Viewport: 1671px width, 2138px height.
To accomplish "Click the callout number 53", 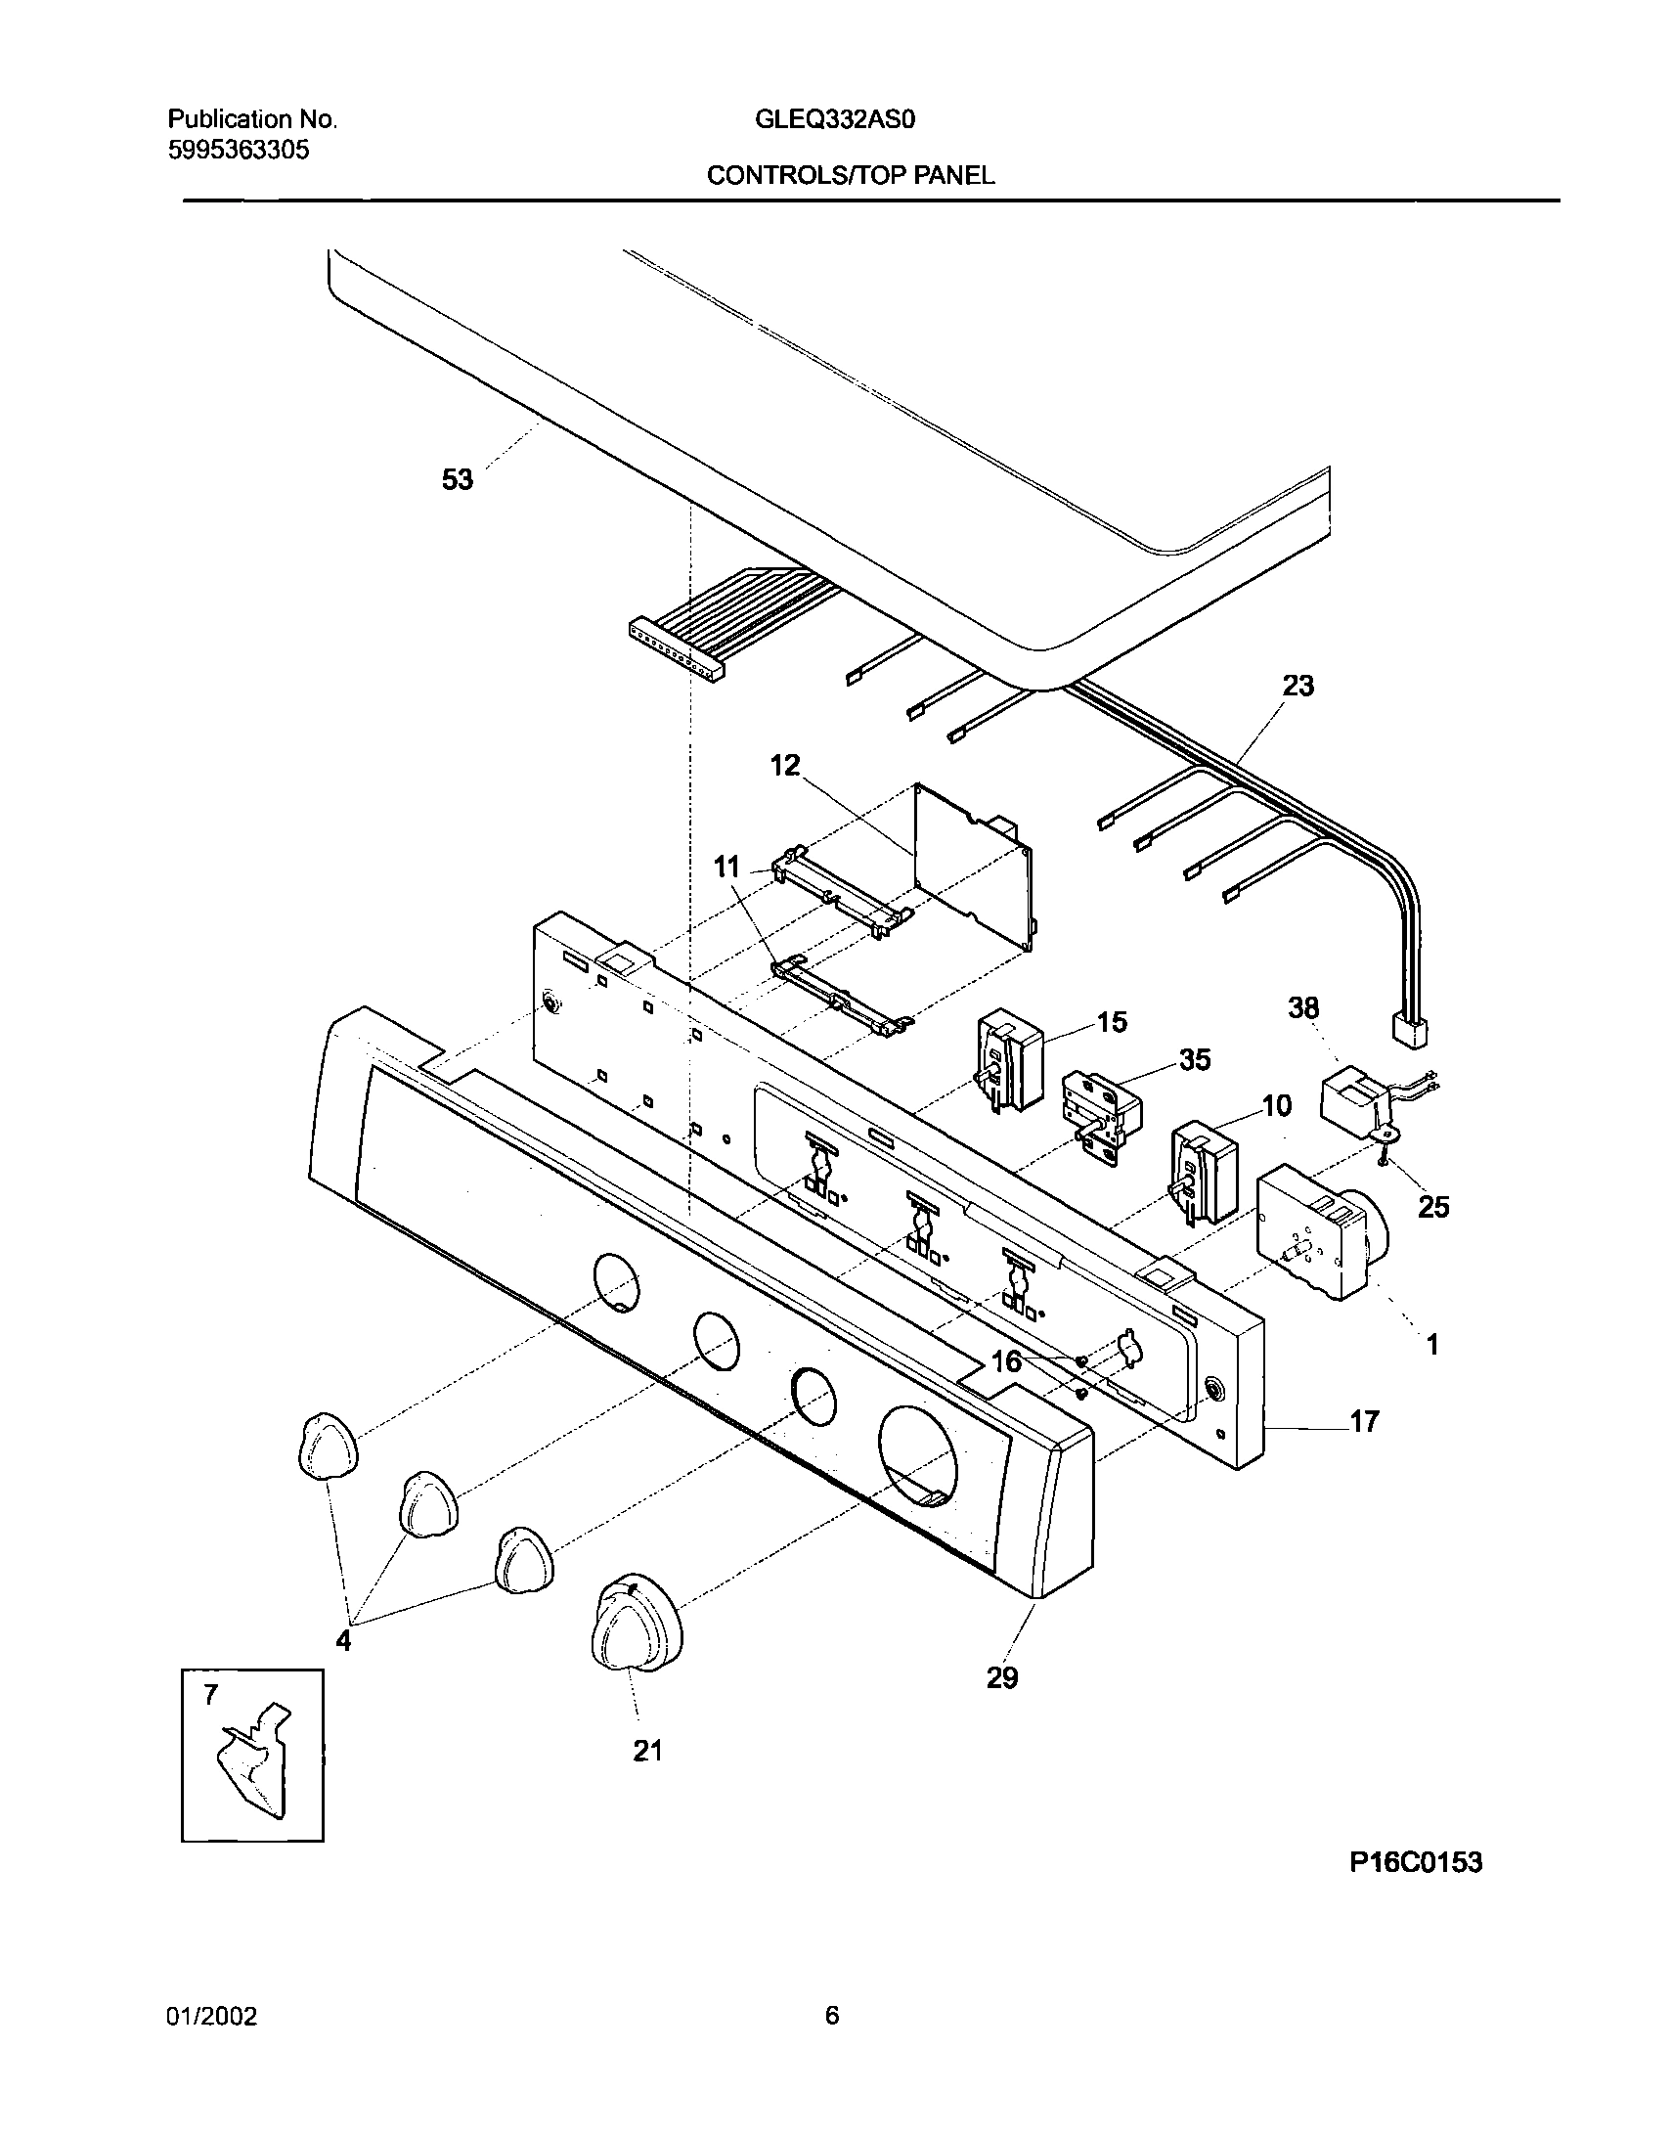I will (458, 479).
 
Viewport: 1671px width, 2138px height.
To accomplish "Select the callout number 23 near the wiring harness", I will (1297, 686).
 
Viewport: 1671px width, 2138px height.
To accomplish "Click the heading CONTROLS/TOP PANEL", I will (850, 175).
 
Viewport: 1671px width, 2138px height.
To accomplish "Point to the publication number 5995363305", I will (239, 151).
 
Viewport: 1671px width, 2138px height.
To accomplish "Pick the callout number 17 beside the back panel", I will (1364, 1421).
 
